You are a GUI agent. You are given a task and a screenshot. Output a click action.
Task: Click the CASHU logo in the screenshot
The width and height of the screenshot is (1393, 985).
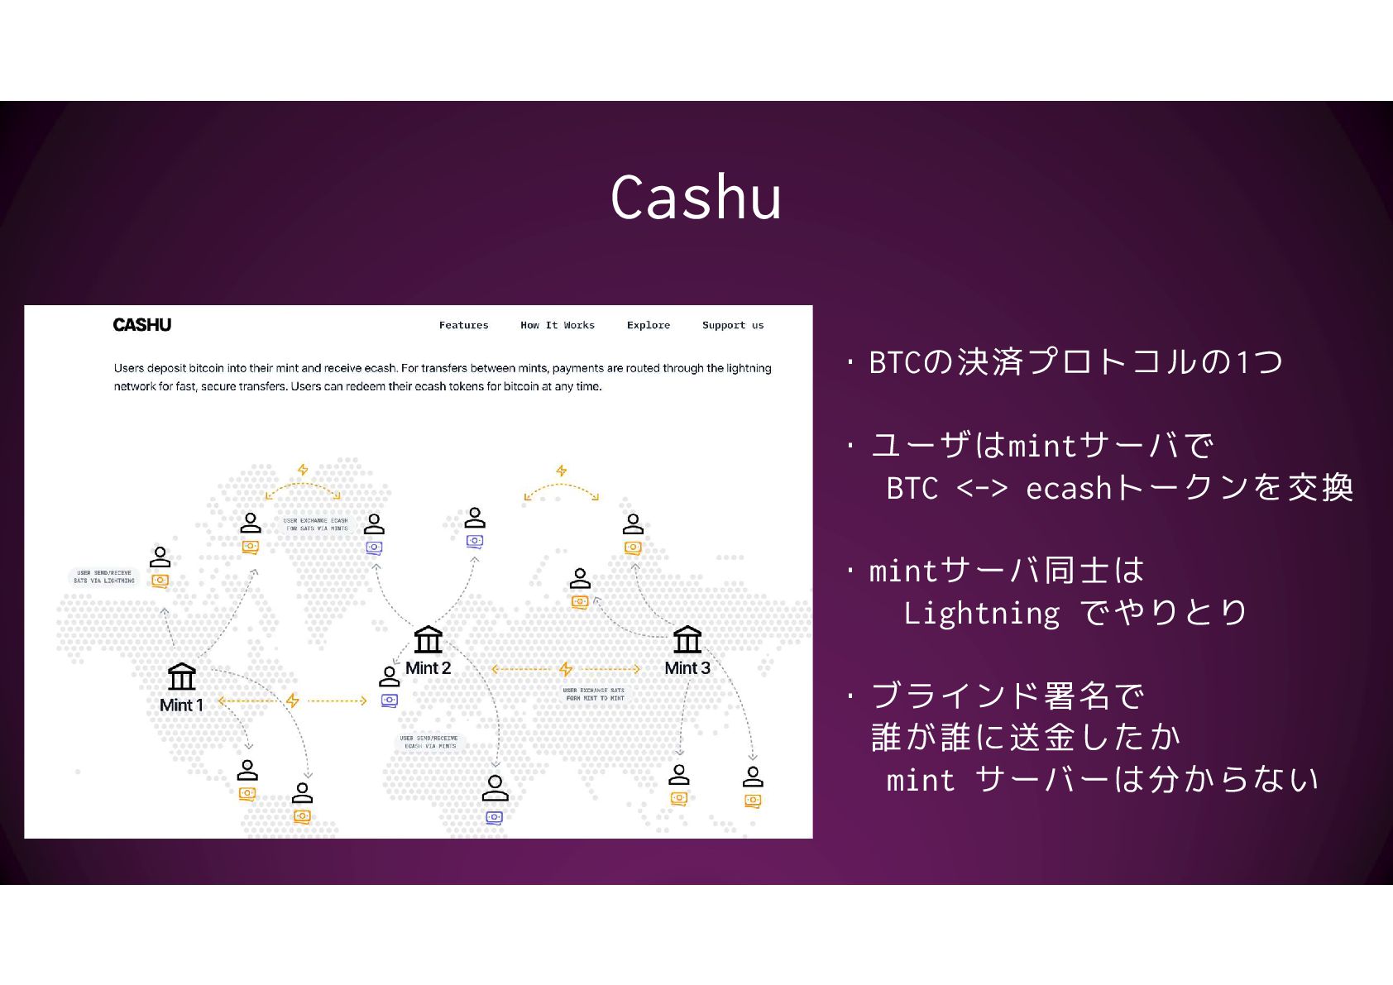pyautogui.click(x=142, y=325)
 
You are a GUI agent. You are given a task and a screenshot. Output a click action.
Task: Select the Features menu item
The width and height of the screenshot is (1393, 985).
pyautogui.click(x=463, y=325)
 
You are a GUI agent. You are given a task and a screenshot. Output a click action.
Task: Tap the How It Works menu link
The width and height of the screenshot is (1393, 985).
pyautogui.click(x=557, y=325)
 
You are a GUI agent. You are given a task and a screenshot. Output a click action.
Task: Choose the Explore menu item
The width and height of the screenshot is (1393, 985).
pyautogui.click(x=648, y=325)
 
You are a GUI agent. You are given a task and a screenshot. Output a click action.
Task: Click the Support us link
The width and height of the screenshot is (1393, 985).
pyautogui.click(x=732, y=325)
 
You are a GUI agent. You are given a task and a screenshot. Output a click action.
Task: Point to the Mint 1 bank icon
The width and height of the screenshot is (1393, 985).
pyautogui.click(x=181, y=677)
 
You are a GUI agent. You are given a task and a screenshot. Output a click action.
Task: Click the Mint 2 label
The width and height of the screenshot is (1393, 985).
pyautogui.click(x=428, y=668)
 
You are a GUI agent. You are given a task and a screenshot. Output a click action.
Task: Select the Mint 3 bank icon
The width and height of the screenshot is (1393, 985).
pyautogui.click(x=687, y=639)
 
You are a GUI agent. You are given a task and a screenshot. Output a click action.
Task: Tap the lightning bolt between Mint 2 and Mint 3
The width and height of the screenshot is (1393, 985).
pyautogui.click(x=566, y=668)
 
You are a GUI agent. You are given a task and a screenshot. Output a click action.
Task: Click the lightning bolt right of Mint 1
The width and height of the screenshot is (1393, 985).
pyautogui.click(x=292, y=700)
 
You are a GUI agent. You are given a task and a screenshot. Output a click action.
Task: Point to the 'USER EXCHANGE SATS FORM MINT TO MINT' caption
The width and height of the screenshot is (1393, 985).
pyautogui.click(x=594, y=694)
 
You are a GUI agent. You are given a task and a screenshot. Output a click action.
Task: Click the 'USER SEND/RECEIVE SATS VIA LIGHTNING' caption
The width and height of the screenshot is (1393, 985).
pyautogui.click(x=103, y=576)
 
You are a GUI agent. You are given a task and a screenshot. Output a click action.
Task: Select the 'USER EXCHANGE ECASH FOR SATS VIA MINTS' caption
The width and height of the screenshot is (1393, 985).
pyautogui.click(x=316, y=524)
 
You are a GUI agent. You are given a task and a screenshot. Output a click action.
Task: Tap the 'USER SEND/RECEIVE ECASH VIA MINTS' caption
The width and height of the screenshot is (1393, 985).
pyautogui.click(x=428, y=742)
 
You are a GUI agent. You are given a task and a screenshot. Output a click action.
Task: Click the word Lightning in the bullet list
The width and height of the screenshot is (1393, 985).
pyautogui.click(x=981, y=614)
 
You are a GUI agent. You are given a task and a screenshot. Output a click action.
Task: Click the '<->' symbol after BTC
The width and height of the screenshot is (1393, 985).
pyautogui.click(x=982, y=488)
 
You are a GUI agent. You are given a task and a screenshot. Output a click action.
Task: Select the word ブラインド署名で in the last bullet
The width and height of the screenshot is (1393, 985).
pyautogui.click(x=1008, y=696)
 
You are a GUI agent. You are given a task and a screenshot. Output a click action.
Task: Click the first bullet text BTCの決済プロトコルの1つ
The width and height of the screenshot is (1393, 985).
pyautogui.click(x=1075, y=362)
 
